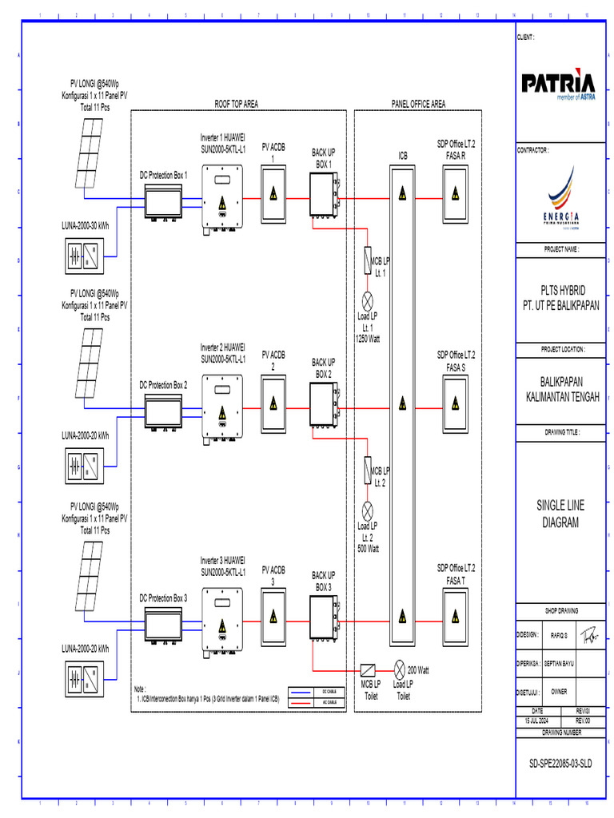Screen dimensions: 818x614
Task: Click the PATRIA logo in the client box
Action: (x=558, y=84)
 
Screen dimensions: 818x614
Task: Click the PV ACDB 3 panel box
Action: (x=273, y=617)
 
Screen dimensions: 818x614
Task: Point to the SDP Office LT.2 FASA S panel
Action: (x=456, y=405)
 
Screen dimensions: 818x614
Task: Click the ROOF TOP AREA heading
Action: (x=236, y=104)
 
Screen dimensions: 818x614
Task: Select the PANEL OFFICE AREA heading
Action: (x=418, y=104)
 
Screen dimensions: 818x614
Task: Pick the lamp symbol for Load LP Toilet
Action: (x=400, y=669)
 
